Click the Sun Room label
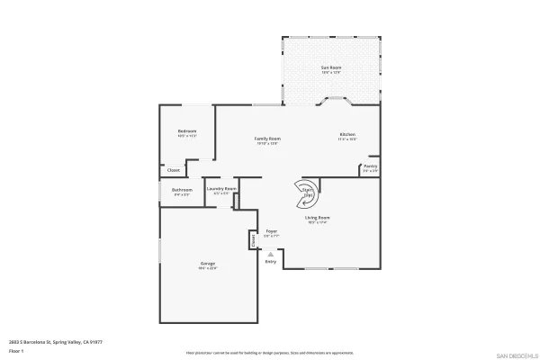pos(331,67)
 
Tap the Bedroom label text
pos(187,131)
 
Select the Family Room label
pos(268,139)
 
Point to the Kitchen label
pos(347,137)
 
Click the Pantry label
pos(370,166)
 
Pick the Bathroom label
pos(183,190)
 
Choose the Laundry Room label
pos(221,189)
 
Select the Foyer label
pos(271,231)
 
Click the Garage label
pos(208,264)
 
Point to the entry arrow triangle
pos(270,254)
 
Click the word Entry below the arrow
pos(270,262)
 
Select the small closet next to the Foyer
pos(254,238)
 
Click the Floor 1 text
pos(17,350)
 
